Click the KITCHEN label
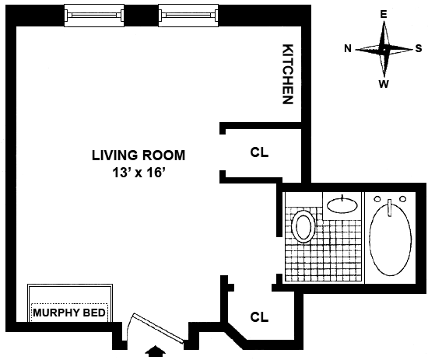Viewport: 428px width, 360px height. coord(288,74)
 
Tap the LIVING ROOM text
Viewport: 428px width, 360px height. coord(139,156)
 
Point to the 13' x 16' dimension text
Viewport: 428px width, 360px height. coord(139,173)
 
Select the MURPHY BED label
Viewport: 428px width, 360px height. coord(69,313)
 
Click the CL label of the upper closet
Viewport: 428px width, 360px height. coord(259,152)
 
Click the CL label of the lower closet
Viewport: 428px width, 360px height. coord(259,317)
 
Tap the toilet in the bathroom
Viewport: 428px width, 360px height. coord(303,226)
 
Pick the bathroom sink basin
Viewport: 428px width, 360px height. coord(342,205)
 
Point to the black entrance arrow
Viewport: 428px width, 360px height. coord(155,351)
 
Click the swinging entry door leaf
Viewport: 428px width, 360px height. coord(158,328)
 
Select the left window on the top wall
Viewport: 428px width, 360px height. coord(94,16)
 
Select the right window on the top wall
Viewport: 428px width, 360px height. coord(188,16)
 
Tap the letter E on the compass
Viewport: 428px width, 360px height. coord(384,15)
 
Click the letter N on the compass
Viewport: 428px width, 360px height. coord(348,49)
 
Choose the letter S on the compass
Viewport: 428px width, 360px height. coord(419,49)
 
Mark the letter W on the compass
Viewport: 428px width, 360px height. coord(384,84)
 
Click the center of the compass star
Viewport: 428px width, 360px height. coord(384,50)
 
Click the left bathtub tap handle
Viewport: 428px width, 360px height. coord(377,199)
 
